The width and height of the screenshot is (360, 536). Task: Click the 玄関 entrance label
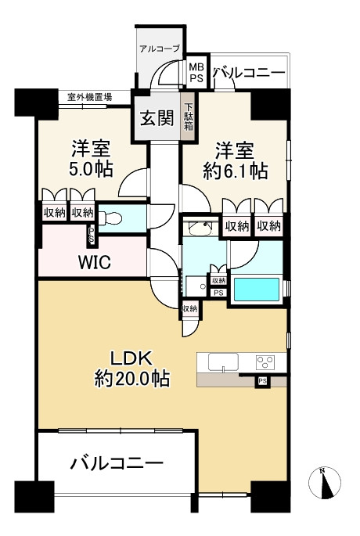[x=157, y=118]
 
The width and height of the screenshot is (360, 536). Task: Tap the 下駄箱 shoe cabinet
[x=189, y=117]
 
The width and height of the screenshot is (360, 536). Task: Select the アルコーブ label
[x=160, y=49]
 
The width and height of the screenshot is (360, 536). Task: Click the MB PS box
[x=196, y=72]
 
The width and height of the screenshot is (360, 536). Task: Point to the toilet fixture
[x=110, y=218]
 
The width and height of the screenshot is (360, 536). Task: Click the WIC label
[x=95, y=262]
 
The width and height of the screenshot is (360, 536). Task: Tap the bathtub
[x=257, y=290]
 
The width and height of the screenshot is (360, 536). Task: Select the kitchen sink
[x=223, y=362]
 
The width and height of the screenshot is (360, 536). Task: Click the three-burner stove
[x=265, y=362]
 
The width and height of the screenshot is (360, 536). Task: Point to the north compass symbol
[x=325, y=482]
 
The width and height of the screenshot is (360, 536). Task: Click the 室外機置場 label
[x=89, y=97]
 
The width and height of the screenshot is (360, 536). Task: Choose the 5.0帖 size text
[x=92, y=169]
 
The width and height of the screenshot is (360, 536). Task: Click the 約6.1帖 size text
[x=236, y=171]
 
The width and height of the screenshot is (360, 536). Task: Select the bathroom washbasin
[x=200, y=228]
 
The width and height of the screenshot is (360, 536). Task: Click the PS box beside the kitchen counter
[x=262, y=381]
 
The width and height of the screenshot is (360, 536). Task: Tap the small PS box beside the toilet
[x=92, y=236]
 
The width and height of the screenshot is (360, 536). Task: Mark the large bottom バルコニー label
[x=117, y=464]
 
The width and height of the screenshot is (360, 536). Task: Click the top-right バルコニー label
[x=249, y=73]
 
